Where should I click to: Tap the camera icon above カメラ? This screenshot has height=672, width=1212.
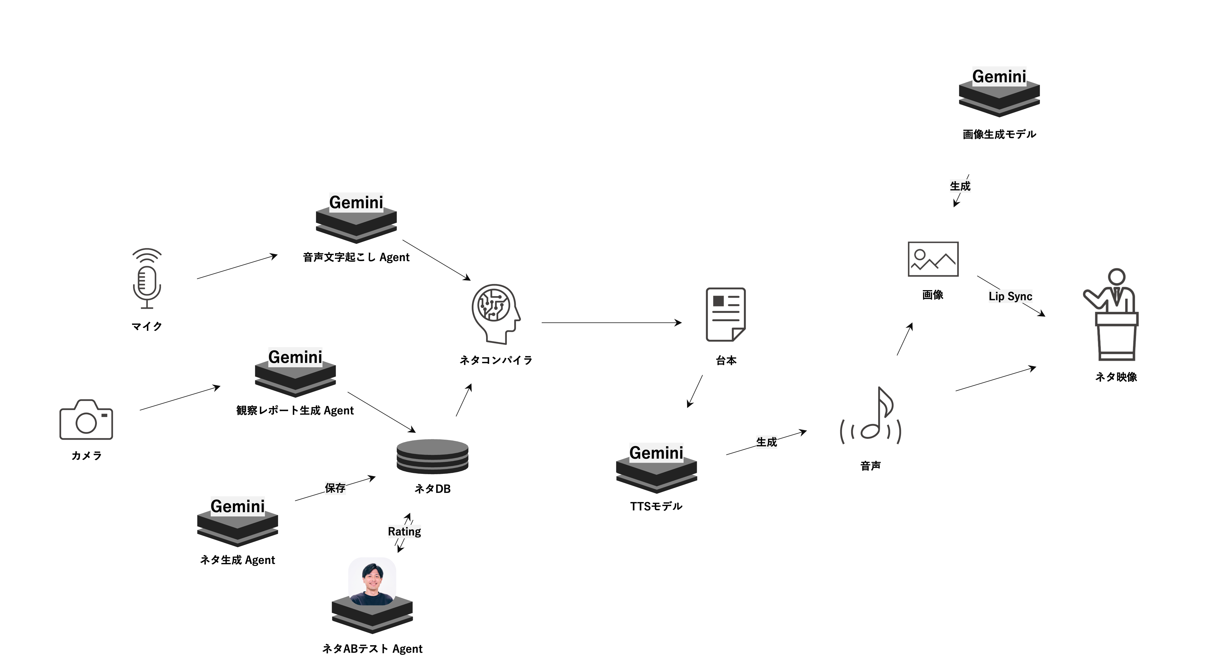(86, 420)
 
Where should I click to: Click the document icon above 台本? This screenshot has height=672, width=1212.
(726, 314)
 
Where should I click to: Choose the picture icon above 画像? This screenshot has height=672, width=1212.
(933, 259)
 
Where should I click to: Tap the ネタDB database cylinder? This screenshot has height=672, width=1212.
(432, 456)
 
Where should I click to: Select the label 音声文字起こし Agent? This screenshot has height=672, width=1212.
(356, 257)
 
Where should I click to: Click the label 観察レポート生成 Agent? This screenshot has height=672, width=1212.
(295, 410)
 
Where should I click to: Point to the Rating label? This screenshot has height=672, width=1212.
(404, 531)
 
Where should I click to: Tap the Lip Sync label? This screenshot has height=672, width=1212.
(1010, 296)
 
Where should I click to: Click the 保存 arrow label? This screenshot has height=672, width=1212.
(335, 488)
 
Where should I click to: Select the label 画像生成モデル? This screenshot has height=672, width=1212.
(999, 134)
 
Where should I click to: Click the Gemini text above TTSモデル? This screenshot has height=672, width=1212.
(656, 453)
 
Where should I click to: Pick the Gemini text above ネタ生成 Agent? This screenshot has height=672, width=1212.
(238, 506)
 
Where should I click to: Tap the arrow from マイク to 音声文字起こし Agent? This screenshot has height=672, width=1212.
(237, 267)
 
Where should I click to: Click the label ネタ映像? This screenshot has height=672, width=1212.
(1116, 377)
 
